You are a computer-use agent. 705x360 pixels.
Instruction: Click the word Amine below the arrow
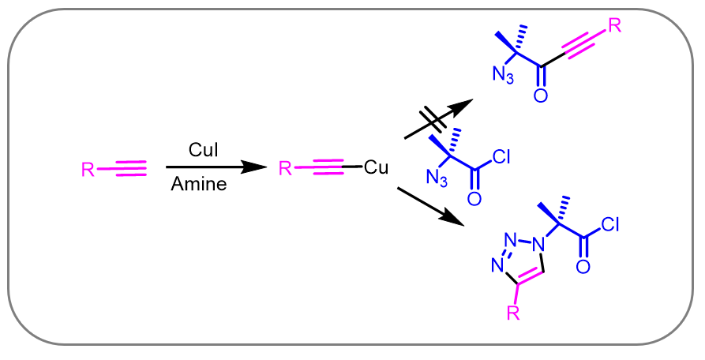click(199, 186)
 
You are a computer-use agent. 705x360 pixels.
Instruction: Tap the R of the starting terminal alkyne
click(88, 169)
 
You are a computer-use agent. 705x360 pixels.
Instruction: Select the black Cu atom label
click(376, 168)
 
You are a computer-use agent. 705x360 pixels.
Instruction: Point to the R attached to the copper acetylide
click(286, 169)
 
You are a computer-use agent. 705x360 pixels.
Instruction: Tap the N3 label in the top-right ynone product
click(504, 75)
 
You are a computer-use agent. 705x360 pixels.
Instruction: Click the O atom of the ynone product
click(540, 96)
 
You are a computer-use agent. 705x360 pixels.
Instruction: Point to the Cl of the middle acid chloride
click(501, 157)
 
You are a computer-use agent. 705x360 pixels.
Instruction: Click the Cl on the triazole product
click(609, 227)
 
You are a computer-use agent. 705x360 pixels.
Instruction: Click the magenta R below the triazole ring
click(512, 315)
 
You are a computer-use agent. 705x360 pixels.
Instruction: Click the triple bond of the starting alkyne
click(131, 168)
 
